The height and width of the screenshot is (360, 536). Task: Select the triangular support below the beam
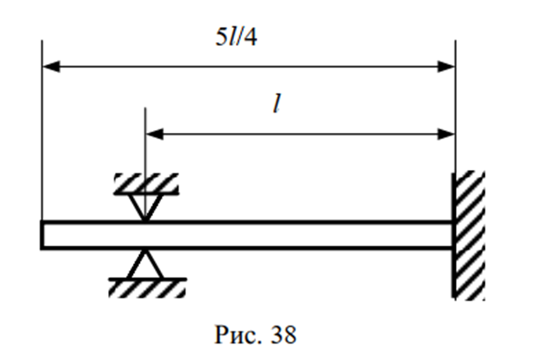145,264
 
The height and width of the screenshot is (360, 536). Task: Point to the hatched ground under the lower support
145,286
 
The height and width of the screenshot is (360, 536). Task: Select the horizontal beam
264,234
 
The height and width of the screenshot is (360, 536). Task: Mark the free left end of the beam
44,234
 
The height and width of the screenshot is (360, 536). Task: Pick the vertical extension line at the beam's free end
42,132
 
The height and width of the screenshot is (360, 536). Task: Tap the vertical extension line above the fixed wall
455,106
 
